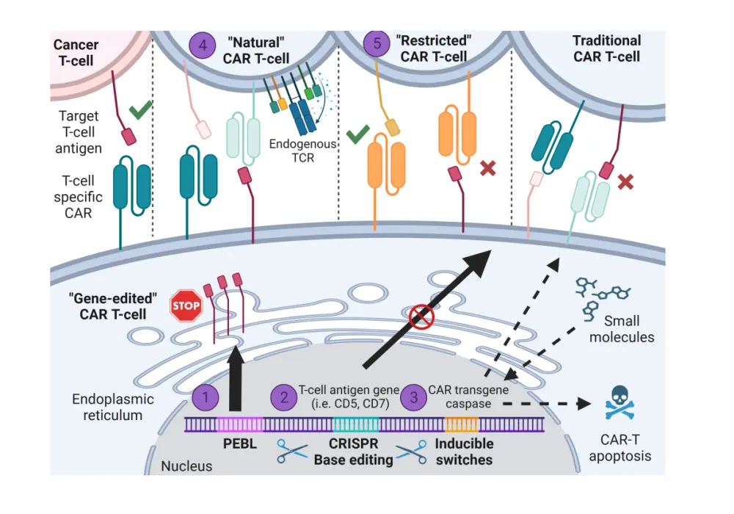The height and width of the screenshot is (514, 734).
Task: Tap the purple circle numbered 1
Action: pyautogui.click(x=206, y=397)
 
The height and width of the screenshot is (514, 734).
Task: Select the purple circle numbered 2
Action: pyautogui.click(x=284, y=397)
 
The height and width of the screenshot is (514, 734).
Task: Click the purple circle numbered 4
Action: pyautogui.click(x=203, y=45)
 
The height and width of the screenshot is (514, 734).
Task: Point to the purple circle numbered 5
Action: pyautogui.click(x=377, y=45)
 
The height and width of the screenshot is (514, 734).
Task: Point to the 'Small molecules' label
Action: pyautogui.click(x=622, y=328)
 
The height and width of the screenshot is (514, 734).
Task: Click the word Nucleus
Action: pyautogui.click(x=186, y=466)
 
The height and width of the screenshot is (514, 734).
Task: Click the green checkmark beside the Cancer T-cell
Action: pyautogui.click(x=140, y=112)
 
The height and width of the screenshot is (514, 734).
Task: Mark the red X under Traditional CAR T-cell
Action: pyautogui.click(x=625, y=181)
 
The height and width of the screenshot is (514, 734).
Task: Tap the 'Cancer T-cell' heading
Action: pyautogui.click(x=76, y=52)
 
